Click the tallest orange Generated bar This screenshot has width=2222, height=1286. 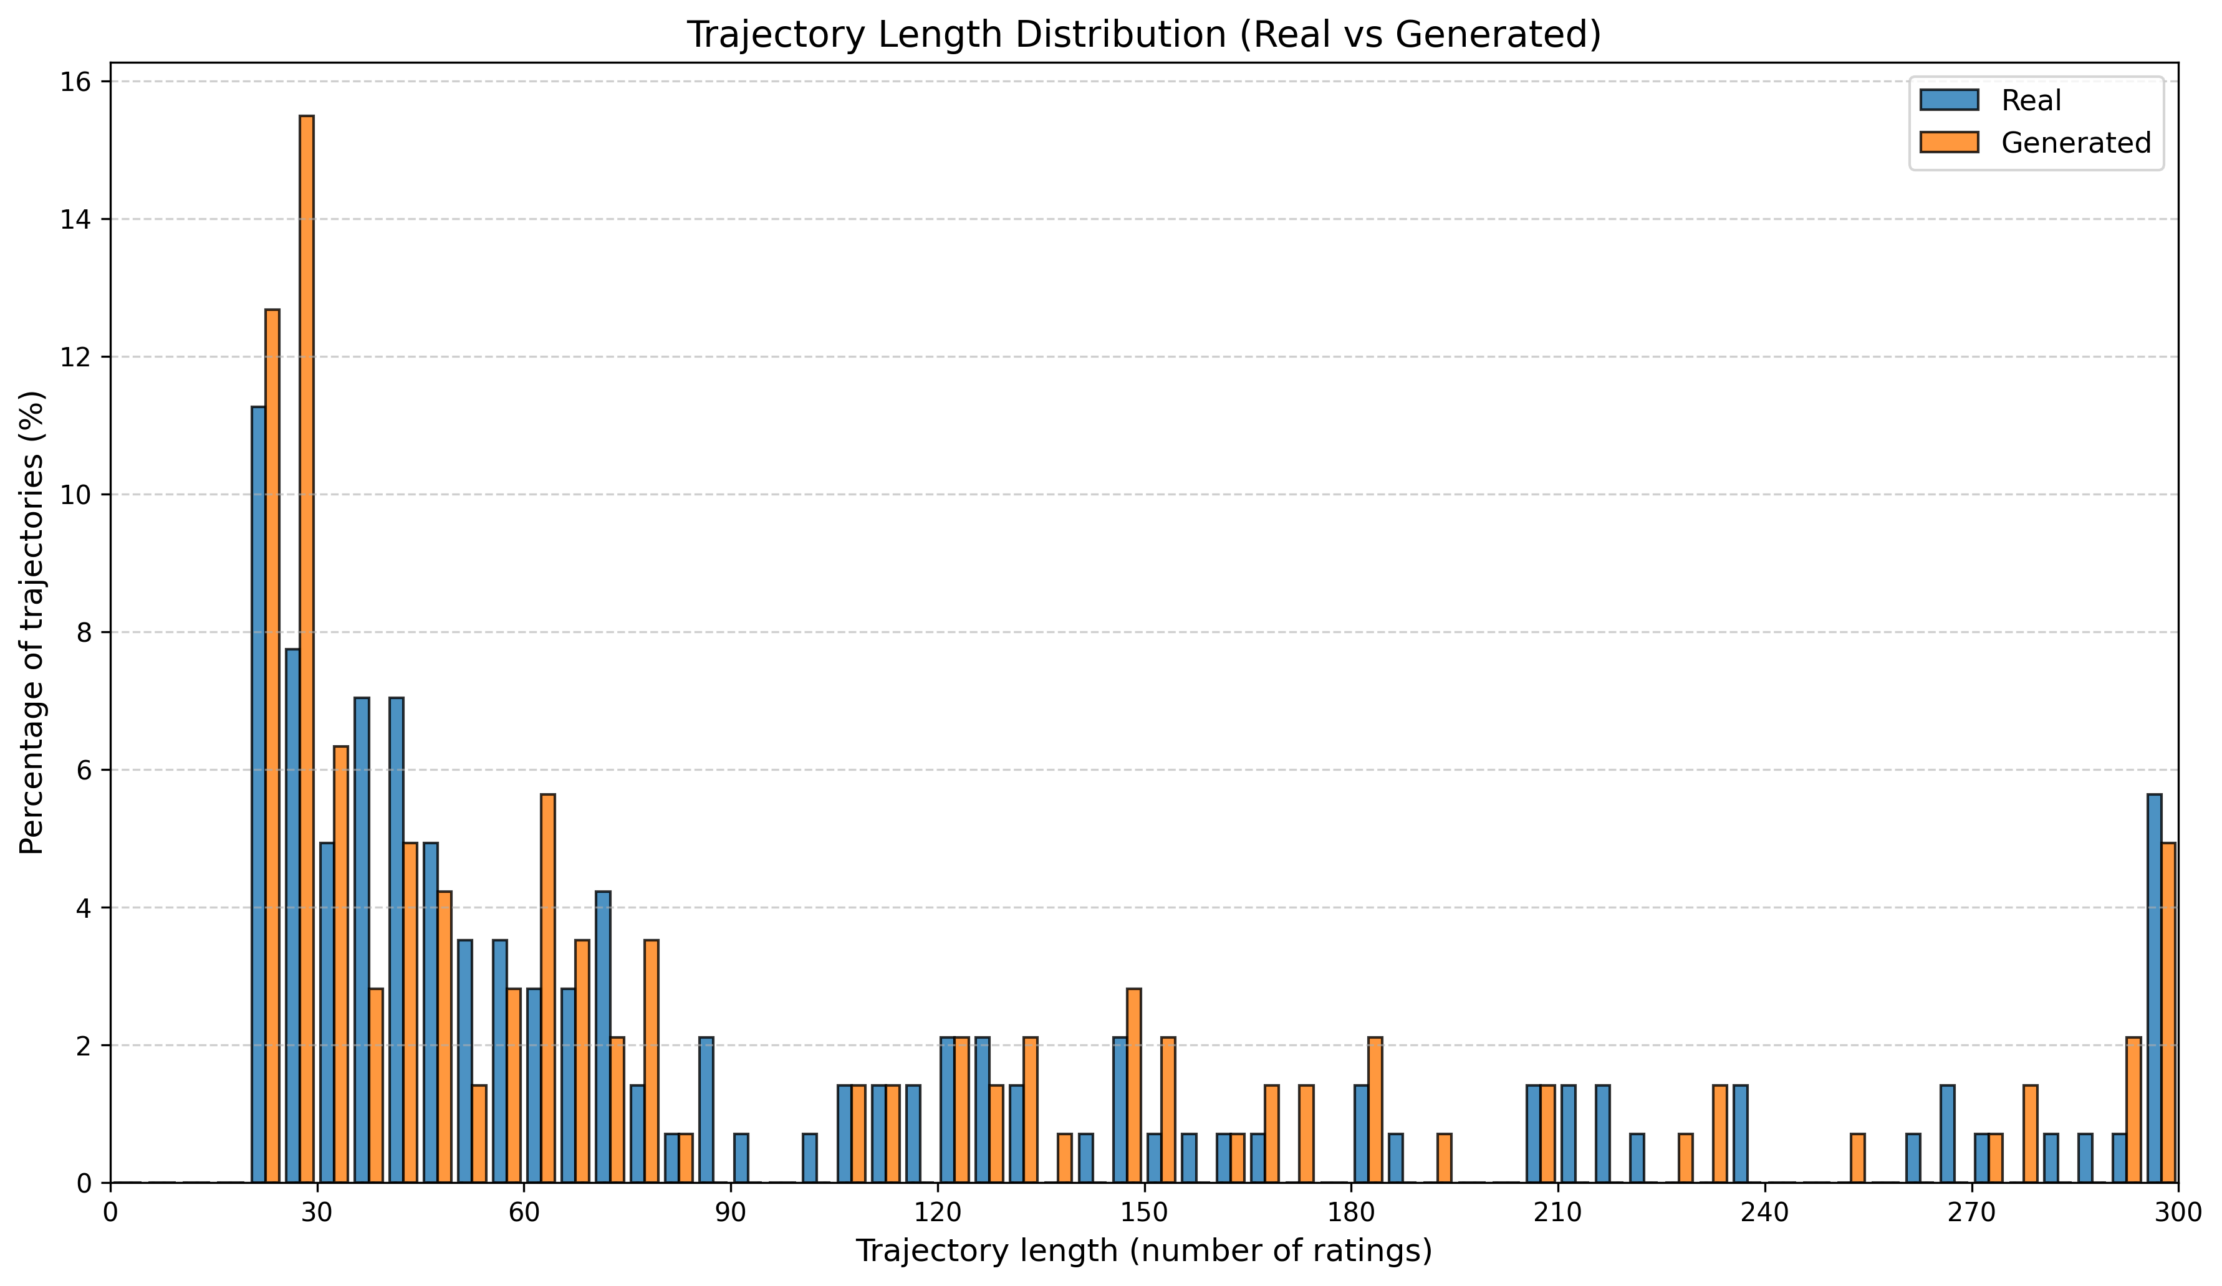[x=306, y=649]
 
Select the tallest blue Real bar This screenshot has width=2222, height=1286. [x=258, y=793]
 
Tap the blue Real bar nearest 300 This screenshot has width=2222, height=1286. [x=2154, y=987]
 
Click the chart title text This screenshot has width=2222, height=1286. [x=1143, y=36]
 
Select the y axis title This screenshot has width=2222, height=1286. [x=32, y=622]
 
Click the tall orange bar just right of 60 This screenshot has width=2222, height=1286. [x=547, y=987]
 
